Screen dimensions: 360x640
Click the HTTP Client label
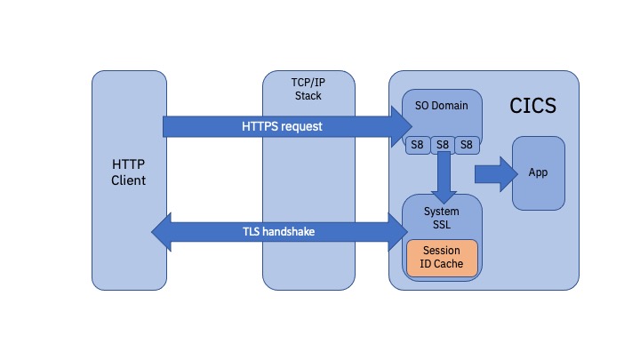tap(129, 172)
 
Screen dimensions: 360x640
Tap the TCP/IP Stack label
tap(308, 88)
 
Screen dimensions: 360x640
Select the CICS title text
tap(532, 107)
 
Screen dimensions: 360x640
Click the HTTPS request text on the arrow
tap(282, 126)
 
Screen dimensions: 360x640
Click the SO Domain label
tap(441, 107)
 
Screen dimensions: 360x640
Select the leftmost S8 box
tap(418, 144)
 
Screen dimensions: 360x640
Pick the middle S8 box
tap(442, 144)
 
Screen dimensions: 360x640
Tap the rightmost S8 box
tap(466, 144)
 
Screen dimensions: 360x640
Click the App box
tap(537, 172)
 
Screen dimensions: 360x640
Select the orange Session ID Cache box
tap(442, 257)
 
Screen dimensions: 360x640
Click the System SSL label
tap(442, 218)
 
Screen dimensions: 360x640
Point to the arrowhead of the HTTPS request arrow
tap(397, 126)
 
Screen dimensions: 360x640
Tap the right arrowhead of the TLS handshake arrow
tap(396, 232)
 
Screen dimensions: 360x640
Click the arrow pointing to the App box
tap(496, 172)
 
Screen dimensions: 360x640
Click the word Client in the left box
tap(129, 180)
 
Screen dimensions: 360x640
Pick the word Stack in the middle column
tap(308, 94)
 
